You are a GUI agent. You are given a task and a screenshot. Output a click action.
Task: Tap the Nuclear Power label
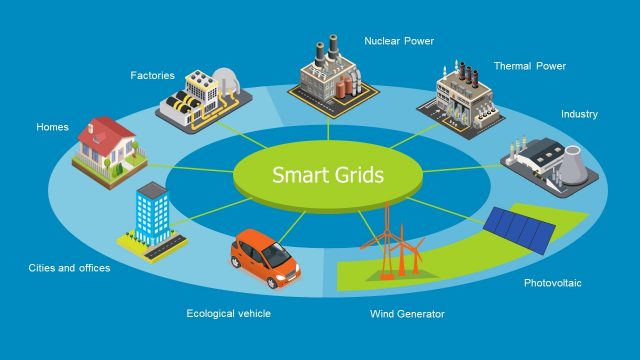(400, 41)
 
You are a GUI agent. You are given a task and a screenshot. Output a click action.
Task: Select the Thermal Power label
(529, 66)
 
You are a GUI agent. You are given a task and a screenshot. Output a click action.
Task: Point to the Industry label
(579, 114)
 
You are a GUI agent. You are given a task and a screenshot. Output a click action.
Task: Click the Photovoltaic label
(552, 283)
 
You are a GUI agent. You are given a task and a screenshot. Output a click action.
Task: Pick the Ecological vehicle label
(228, 313)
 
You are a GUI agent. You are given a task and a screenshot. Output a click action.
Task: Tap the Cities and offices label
(69, 268)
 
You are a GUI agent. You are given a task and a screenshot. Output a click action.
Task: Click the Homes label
(52, 127)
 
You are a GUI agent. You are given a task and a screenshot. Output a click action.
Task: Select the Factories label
(152, 74)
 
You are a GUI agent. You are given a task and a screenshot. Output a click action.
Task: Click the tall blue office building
(153, 214)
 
